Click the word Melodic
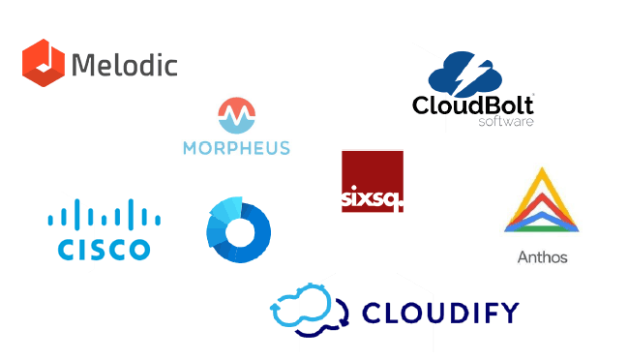click(125, 65)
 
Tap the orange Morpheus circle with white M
click(235, 115)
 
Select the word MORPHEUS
click(236, 148)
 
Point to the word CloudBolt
click(473, 105)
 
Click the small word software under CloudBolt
click(505, 122)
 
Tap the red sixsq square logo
click(372, 181)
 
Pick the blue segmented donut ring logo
click(238, 229)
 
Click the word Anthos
click(543, 257)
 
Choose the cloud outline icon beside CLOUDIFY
click(307, 309)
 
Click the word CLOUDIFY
click(439, 313)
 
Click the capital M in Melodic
click(84, 65)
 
